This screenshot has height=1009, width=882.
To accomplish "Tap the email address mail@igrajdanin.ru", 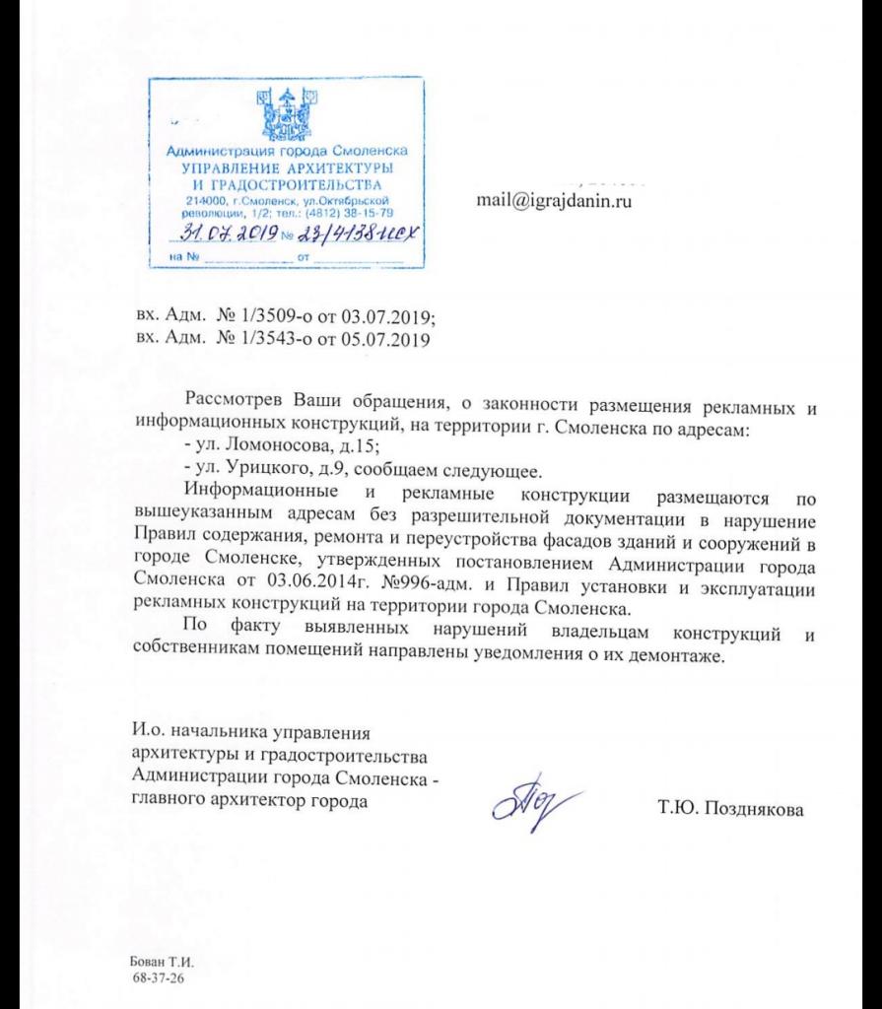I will pyautogui.click(x=553, y=202).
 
